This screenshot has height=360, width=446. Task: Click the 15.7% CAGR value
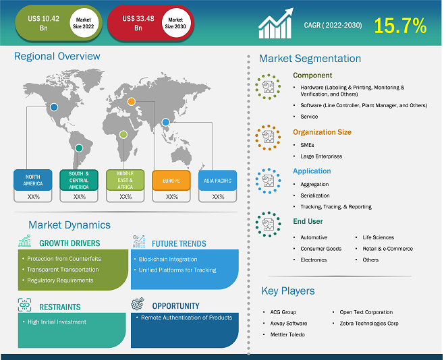pos(400,26)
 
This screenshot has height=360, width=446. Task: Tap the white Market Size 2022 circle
pos(84,23)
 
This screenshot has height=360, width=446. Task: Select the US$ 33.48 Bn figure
pos(138,23)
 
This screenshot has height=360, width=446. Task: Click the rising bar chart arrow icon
pos(275,24)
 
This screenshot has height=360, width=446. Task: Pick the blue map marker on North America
pos(54,107)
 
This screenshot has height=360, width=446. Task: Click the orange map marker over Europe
pos(132,101)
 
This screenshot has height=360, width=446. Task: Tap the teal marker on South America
pos(79,148)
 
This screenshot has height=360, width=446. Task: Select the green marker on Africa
pos(123,134)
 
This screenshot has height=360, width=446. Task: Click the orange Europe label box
pos(171,181)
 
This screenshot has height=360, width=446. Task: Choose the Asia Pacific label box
pos(217,181)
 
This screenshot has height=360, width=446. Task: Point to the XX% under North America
pos(33,197)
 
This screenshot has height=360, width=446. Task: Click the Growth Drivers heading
pos(69,243)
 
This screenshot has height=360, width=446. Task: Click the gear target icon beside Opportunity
pos(138,304)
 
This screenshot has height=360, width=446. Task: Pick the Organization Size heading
pos(322,132)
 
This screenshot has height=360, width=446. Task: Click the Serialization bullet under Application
pos(315,196)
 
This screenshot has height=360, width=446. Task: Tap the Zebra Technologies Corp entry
pos(369,324)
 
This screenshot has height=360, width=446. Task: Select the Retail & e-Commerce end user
pos(388,249)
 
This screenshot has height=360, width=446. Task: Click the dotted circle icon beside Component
pos(268,87)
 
